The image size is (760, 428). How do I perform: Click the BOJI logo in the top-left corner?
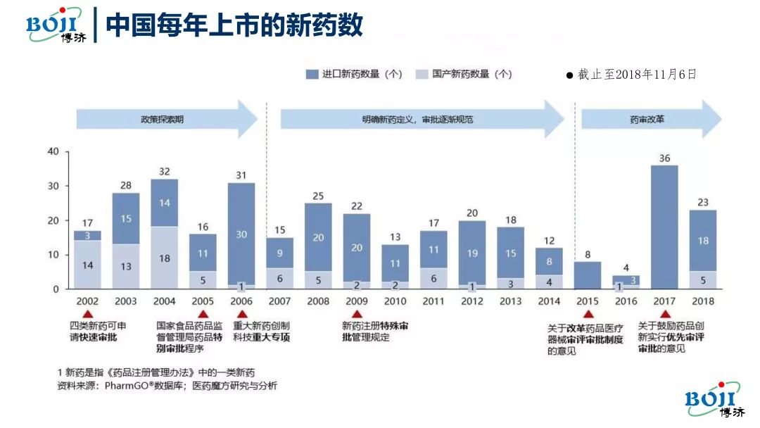click(56, 24)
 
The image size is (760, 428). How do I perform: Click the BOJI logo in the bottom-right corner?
click(712, 400)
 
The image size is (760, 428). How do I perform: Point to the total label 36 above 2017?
click(664, 158)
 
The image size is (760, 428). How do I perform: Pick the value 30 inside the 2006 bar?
click(241, 234)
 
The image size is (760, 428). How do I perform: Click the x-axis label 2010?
click(395, 301)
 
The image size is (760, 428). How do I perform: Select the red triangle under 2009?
click(357, 315)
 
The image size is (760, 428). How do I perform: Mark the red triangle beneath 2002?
click(87, 315)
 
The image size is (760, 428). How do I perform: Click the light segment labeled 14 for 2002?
click(87, 265)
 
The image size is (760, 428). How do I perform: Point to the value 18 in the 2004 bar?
click(164, 258)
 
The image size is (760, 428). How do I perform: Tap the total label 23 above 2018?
click(703, 203)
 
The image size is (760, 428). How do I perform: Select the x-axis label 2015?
click(587, 301)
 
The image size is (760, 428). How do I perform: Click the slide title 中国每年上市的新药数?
click(234, 25)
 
